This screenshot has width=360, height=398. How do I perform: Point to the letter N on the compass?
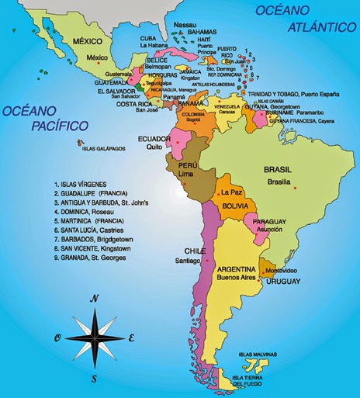(x=94, y=298)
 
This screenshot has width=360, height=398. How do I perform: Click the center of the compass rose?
(x=93, y=337)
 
